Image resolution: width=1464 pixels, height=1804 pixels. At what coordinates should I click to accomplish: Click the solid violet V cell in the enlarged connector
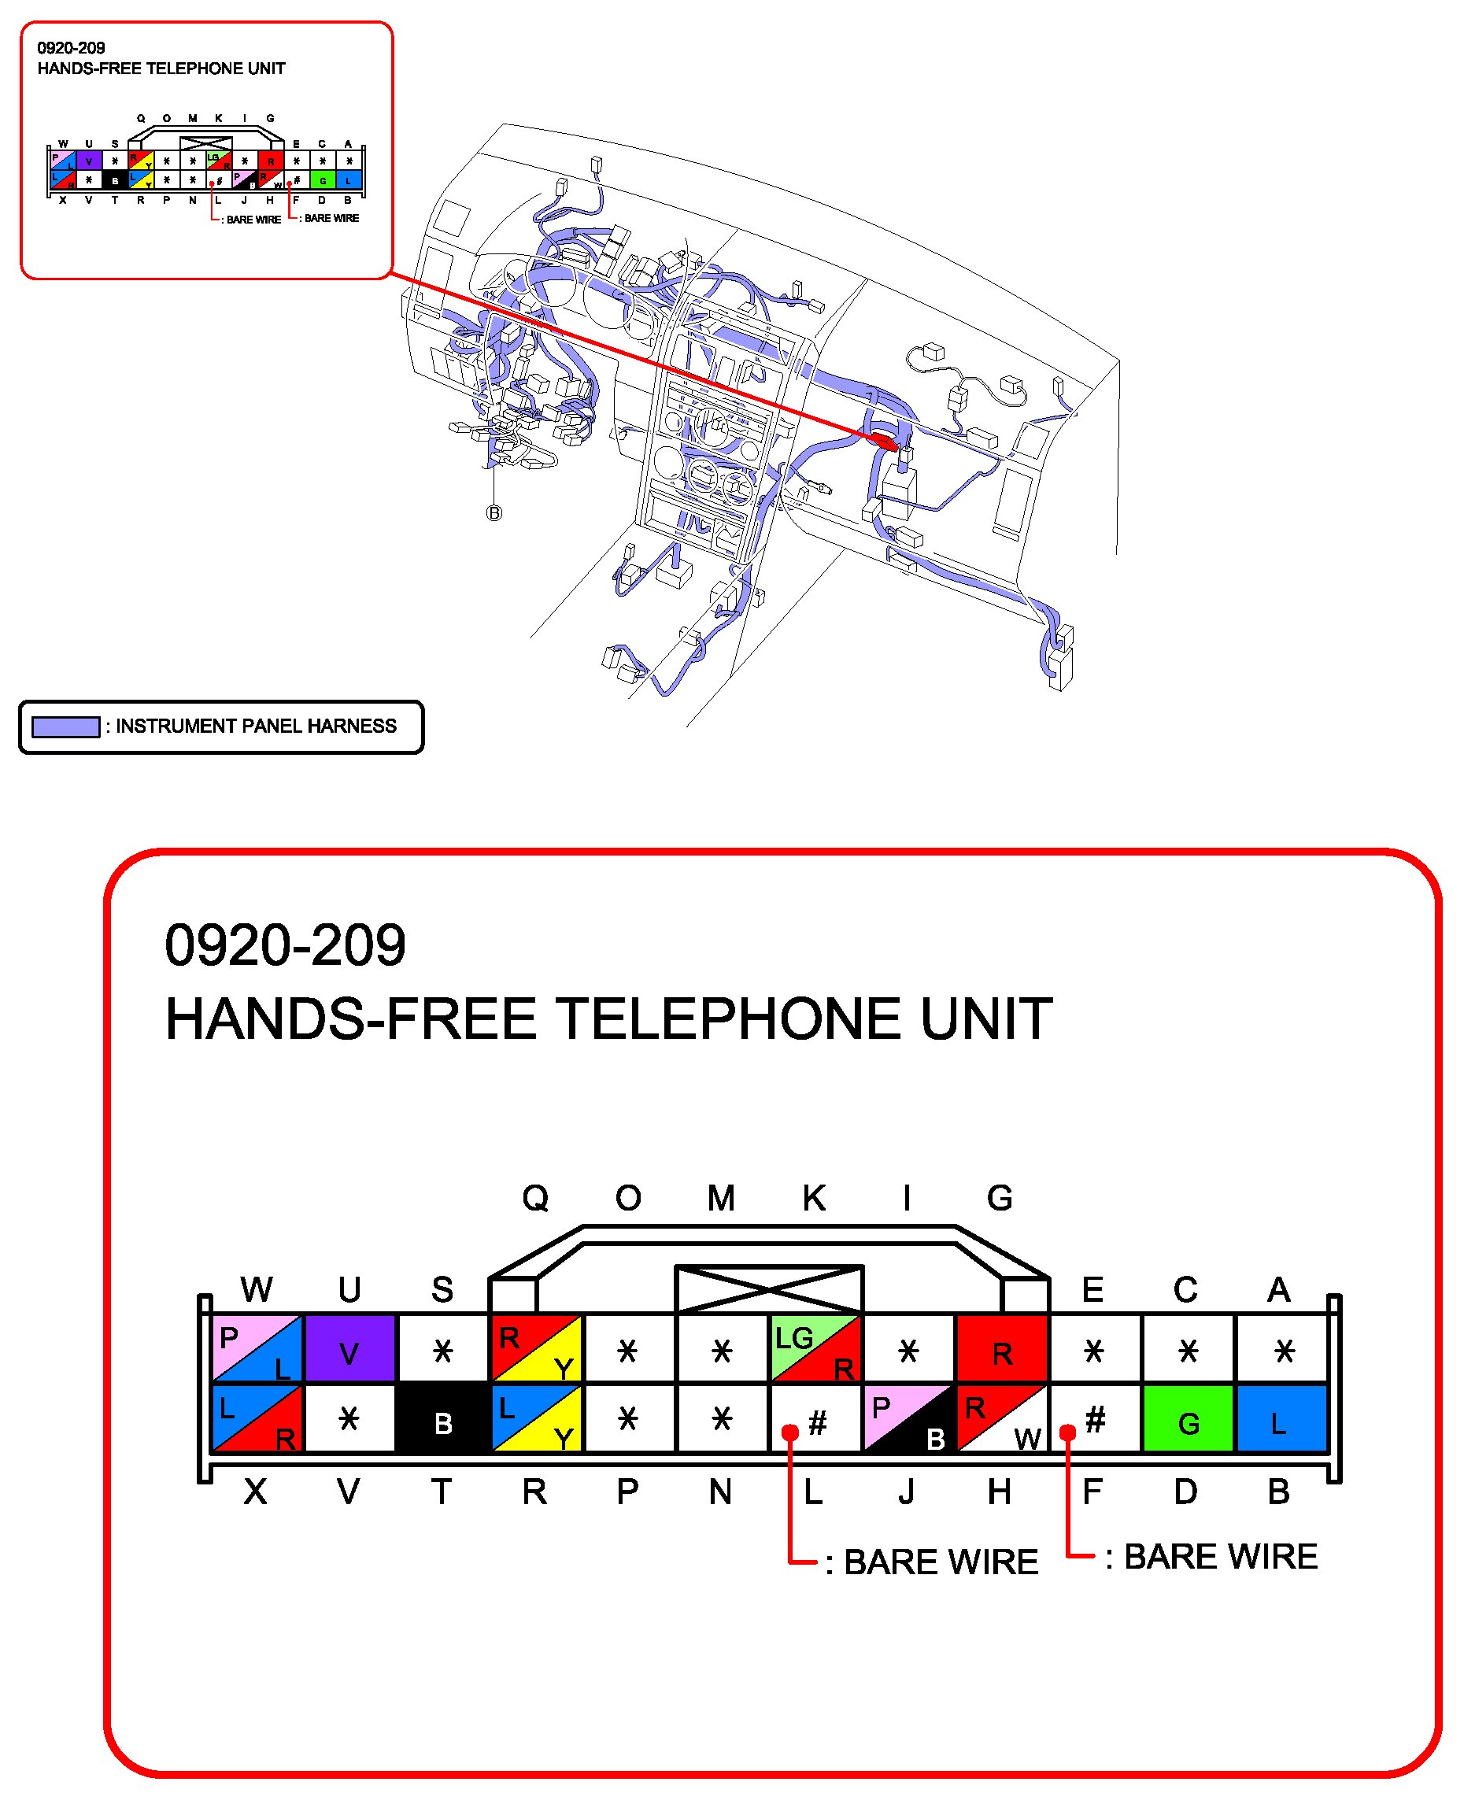349,1348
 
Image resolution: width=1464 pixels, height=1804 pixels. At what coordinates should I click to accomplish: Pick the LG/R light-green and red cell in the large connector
815,1348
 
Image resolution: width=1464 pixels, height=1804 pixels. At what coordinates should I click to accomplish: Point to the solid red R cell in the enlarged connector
1001,1348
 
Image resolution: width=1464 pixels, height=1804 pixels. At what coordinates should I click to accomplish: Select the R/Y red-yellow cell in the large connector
535,1348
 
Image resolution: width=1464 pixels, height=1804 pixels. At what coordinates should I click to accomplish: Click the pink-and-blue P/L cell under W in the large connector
257,1348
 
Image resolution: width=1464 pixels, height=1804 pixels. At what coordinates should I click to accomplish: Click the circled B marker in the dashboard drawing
494,512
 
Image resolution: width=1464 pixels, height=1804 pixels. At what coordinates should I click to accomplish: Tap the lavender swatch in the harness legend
66,726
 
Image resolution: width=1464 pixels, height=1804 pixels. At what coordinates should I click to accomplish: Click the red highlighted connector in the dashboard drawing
883,439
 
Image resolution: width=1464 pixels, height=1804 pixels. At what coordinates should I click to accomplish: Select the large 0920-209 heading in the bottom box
285,945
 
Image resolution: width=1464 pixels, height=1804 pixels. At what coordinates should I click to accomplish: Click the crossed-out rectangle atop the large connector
769,1289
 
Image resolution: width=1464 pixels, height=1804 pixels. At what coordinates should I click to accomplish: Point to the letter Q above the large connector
535,1199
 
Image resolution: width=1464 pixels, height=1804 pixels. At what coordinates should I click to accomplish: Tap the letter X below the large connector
256,1493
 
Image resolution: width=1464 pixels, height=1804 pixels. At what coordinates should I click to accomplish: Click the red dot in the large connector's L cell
790,1432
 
